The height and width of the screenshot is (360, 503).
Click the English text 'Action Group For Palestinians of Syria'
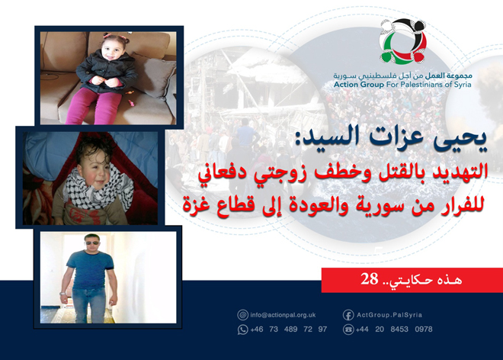pos(402,85)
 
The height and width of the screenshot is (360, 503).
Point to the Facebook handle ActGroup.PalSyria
pos(388,314)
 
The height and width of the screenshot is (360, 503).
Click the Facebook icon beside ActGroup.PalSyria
pos(348,314)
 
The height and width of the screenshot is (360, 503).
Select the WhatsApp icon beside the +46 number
pos(243,329)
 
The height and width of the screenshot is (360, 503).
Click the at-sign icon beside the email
pos(243,314)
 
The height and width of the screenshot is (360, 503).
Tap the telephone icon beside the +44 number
pos(348,329)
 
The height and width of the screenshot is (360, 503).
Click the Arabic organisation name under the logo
pos(402,76)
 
